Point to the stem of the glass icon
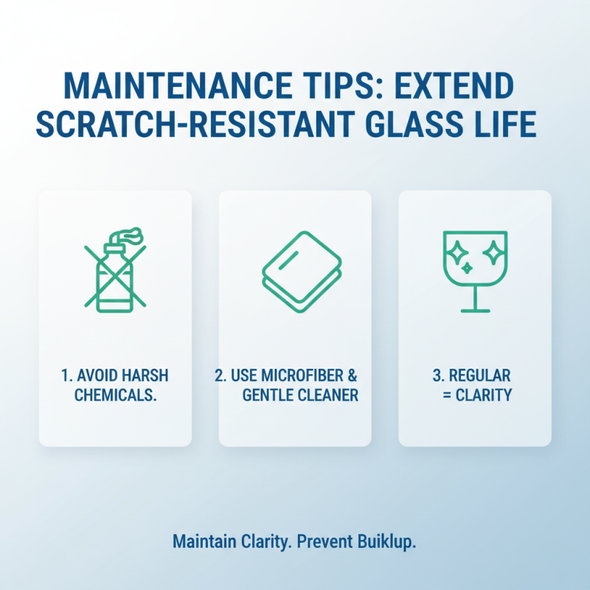pos(474,297)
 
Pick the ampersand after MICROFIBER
pos(351,376)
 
